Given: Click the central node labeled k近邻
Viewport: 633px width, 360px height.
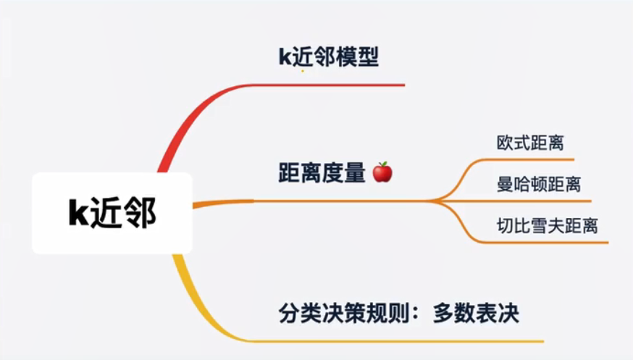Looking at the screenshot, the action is click(112, 213).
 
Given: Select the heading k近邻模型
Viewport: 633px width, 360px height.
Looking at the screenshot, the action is click(329, 56).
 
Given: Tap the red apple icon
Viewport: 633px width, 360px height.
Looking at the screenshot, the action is click(382, 172).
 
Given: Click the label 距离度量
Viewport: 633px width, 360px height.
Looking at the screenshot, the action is click(322, 172).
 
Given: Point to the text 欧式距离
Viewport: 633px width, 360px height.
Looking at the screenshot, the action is click(530, 143).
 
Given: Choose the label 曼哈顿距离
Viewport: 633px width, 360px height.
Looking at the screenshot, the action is click(539, 184).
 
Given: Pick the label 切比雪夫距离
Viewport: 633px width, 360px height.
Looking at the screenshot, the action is click(547, 225).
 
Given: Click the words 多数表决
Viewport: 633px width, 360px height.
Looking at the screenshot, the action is click(476, 313).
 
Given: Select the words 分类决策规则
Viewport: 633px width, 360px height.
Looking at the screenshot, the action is click(344, 313).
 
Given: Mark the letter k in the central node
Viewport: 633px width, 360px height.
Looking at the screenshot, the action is click(78, 212).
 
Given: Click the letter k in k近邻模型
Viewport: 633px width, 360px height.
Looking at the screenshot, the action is click(285, 57).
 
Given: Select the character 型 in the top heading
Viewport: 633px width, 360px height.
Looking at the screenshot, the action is click(368, 56).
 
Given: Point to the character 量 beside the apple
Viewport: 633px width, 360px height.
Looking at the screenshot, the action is click(355, 172).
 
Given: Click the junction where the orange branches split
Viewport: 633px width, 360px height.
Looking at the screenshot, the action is click(434, 201).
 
